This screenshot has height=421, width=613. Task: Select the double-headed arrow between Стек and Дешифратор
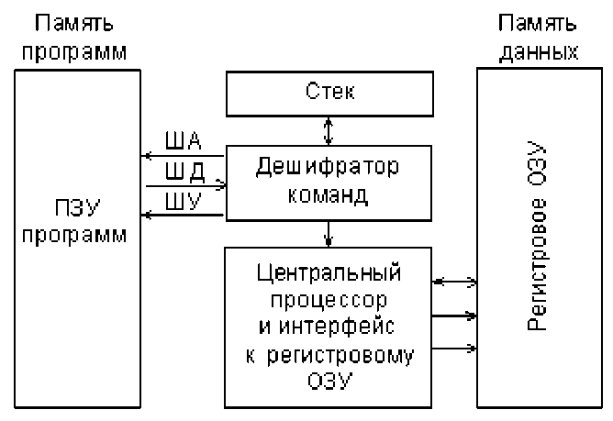(x=329, y=129)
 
